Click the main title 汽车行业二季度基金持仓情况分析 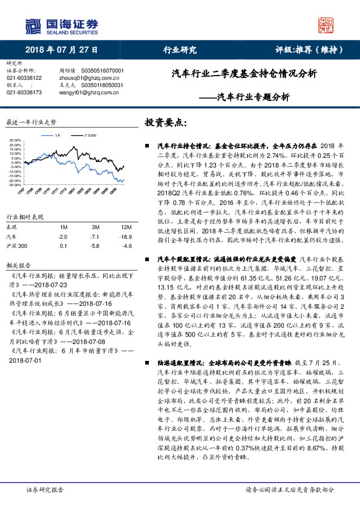pos(244,74)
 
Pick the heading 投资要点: pos(165,122)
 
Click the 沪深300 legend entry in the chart pos(90,136)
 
